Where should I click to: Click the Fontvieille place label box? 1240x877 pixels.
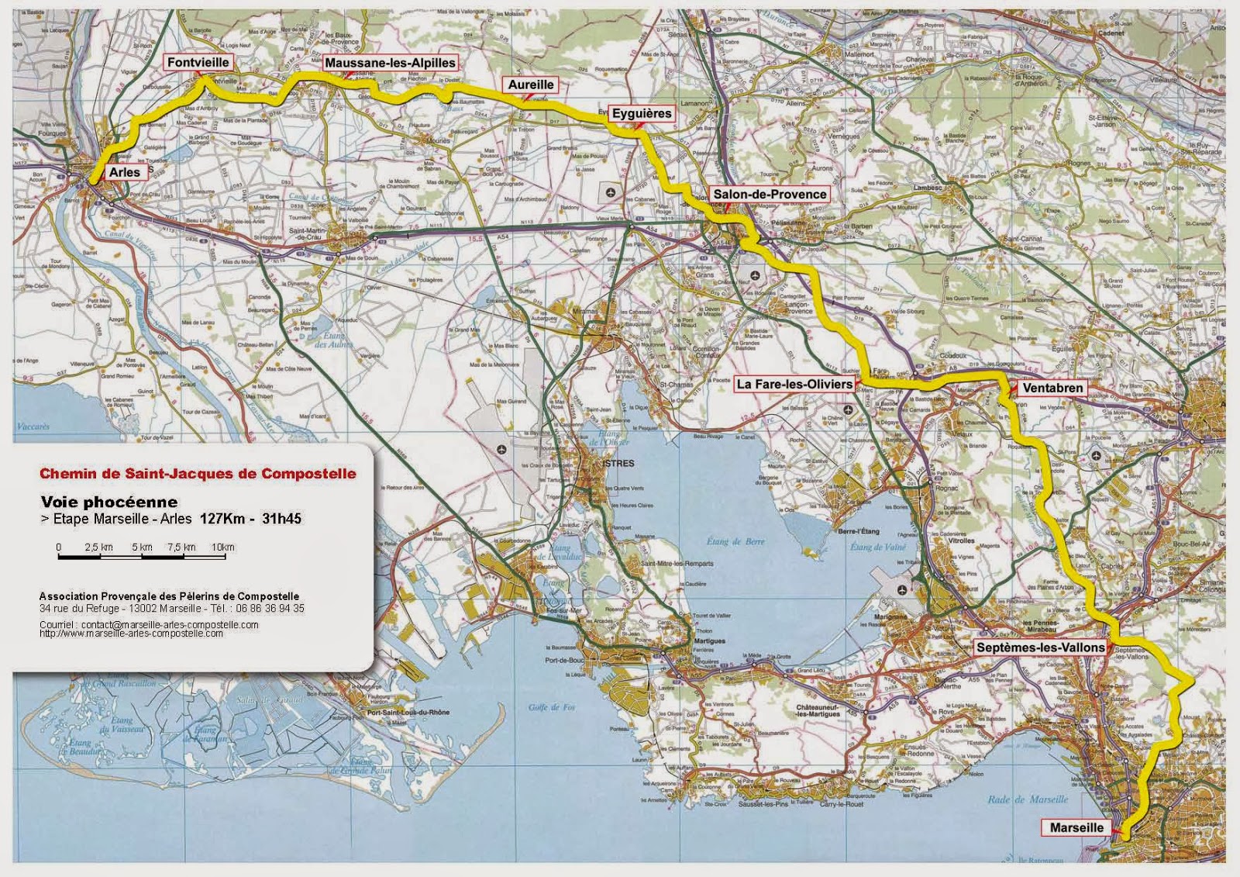(x=198, y=62)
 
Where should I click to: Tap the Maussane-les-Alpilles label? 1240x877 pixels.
(x=390, y=63)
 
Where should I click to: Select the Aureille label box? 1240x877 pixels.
(x=531, y=85)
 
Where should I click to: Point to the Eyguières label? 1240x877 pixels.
(x=642, y=113)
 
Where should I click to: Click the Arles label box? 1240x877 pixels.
(x=125, y=172)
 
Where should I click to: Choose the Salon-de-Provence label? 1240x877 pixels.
(x=770, y=194)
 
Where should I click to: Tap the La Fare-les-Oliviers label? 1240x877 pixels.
(x=794, y=384)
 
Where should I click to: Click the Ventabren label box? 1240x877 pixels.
(x=1052, y=387)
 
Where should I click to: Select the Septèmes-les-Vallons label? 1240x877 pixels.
(x=1040, y=647)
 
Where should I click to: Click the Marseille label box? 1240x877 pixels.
(x=1076, y=827)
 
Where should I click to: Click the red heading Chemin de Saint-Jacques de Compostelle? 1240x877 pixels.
(x=198, y=473)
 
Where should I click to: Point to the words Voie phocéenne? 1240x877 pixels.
(x=109, y=502)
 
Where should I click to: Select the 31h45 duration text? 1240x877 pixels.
(x=281, y=519)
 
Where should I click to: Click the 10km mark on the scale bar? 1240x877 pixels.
(x=223, y=547)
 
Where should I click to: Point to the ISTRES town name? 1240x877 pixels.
(x=618, y=463)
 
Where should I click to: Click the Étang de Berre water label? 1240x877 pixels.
(x=735, y=541)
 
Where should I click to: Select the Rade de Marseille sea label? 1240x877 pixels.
(x=1028, y=799)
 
